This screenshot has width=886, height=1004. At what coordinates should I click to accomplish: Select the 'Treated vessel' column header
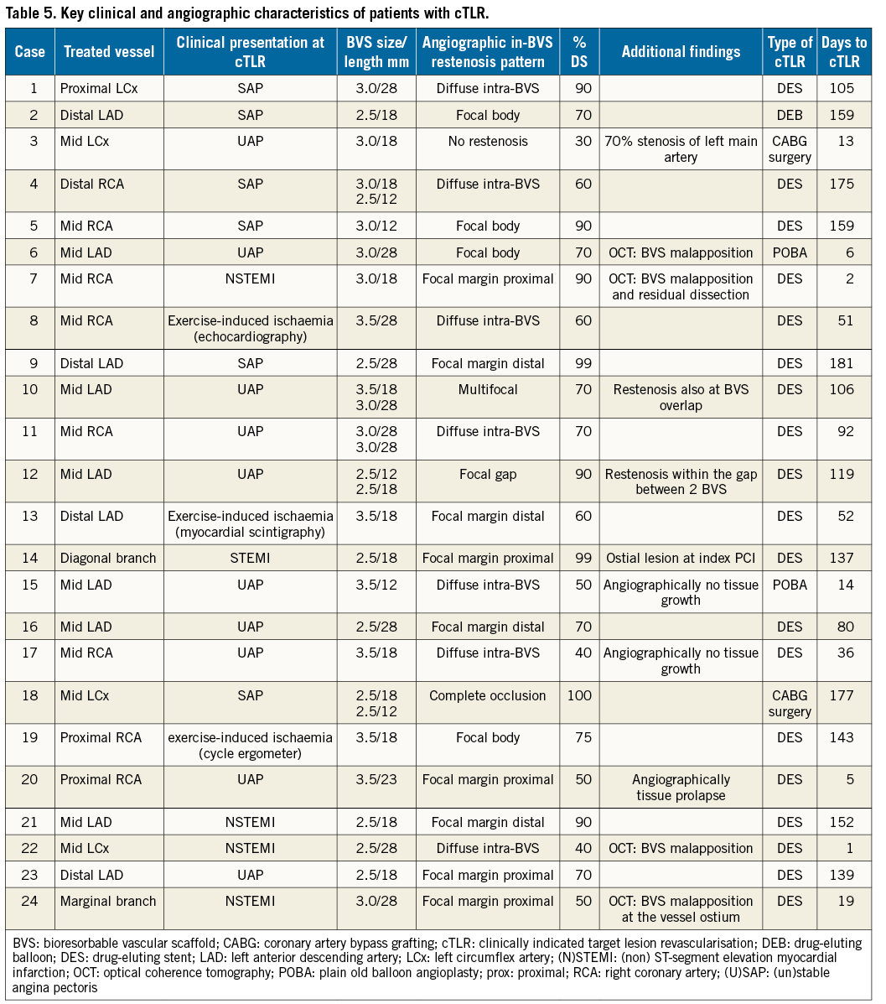click(109, 52)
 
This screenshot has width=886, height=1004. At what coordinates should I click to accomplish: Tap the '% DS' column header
click(579, 52)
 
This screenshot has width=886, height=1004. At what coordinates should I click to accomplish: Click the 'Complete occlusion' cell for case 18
click(487, 695)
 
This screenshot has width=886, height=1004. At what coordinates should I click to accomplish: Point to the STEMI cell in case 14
click(250, 558)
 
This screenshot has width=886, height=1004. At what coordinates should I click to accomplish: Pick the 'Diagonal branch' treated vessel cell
click(108, 558)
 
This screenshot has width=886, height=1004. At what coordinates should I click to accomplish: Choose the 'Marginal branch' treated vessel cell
click(108, 901)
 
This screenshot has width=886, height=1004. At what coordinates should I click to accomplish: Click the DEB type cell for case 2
click(789, 115)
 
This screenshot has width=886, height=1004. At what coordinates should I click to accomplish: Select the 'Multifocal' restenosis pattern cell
click(487, 389)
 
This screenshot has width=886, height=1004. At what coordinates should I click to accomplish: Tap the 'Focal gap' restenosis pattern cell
click(487, 474)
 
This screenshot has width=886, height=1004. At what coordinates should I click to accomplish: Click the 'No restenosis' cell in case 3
click(487, 141)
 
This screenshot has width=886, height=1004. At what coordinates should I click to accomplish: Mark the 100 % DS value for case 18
click(579, 695)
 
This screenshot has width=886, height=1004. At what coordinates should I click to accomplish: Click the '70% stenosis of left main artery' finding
click(681, 148)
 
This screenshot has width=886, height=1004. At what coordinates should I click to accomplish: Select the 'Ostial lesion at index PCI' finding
click(681, 558)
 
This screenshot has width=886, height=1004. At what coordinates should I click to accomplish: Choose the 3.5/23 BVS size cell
click(376, 779)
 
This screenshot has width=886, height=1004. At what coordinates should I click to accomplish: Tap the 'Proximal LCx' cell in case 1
click(99, 88)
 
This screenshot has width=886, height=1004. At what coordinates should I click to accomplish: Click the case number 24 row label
click(29, 901)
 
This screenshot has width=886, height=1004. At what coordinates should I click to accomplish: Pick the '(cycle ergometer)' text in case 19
click(250, 753)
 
